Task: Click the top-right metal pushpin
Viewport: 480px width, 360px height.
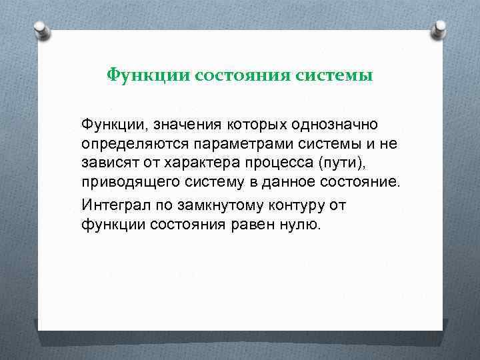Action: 439,28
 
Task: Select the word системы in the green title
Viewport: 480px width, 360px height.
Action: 339,75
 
